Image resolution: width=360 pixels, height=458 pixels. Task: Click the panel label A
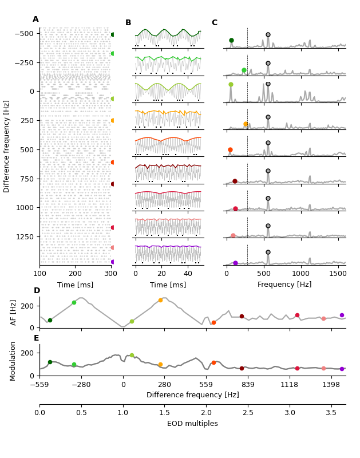click(x=35, y=19)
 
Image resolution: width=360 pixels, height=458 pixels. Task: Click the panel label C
click(x=214, y=23)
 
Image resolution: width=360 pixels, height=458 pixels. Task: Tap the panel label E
click(x=36, y=338)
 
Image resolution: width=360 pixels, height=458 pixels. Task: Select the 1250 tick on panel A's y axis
click(x=25, y=236)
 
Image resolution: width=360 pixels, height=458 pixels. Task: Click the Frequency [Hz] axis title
click(x=284, y=285)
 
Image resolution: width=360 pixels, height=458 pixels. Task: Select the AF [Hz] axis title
click(x=14, y=312)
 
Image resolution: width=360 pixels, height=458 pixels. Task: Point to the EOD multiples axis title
click(x=192, y=424)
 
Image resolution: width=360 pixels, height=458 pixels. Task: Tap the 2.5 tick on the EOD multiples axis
click(x=248, y=413)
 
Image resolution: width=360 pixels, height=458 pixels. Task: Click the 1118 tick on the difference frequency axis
click(x=289, y=385)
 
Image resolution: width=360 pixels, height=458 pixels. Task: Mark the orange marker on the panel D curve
click(x=160, y=300)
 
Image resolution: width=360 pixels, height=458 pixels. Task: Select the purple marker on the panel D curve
click(x=342, y=315)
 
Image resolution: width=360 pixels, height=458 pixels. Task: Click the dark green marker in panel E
click(x=50, y=362)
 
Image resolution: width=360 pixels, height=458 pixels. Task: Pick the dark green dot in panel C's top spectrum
click(x=231, y=41)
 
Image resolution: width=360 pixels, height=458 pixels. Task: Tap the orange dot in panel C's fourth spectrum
click(x=246, y=124)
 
